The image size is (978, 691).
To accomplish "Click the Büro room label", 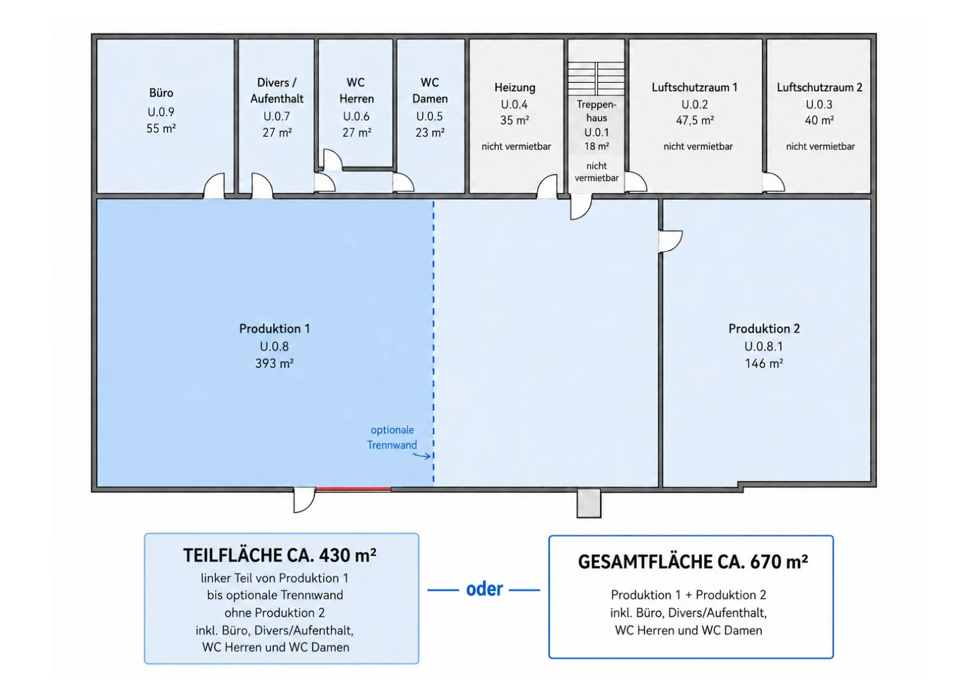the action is (x=161, y=93).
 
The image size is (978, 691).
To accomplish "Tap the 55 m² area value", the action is (x=161, y=128).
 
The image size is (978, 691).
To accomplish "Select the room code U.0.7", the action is (x=276, y=116).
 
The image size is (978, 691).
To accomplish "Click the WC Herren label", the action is (x=356, y=90).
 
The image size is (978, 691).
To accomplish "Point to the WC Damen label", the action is (x=430, y=90).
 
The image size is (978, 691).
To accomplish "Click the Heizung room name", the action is (x=515, y=88).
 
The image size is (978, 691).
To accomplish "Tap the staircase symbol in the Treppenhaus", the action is (x=596, y=78).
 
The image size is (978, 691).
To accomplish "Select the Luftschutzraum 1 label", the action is (x=694, y=87).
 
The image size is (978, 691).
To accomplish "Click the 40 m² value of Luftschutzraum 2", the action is (x=820, y=120).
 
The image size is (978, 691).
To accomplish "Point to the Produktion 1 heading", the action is (x=274, y=329).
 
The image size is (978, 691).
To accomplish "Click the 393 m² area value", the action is (x=274, y=363).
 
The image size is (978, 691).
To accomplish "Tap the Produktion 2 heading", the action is (x=764, y=329).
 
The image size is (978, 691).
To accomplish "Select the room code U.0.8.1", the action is (x=763, y=346).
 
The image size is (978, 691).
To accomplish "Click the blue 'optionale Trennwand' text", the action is (x=392, y=437).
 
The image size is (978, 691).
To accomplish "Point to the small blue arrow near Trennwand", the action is (x=422, y=456).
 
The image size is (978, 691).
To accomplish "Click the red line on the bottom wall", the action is (x=353, y=489).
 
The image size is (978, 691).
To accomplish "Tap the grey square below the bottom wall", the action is (x=589, y=503).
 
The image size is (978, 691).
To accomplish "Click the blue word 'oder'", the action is (x=484, y=590).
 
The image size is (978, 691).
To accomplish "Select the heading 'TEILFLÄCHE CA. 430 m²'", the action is (x=279, y=555).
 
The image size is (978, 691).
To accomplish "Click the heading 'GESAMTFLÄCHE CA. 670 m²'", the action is (x=693, y=562).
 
